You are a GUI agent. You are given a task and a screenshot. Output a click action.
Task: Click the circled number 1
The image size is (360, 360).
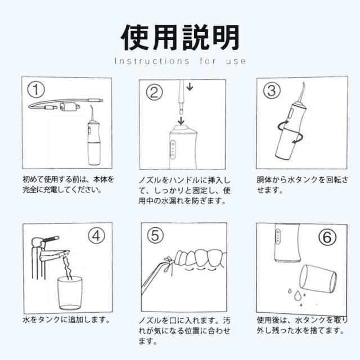pyautogui.click(x=36, y=89)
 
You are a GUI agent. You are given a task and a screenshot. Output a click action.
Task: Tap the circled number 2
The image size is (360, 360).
pyautogui.click(x=155, y=92)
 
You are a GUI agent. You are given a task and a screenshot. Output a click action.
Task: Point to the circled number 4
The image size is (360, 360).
pyautogui.click(x=97, y=236)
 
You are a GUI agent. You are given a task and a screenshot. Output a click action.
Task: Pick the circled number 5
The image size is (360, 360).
pyautogui.click(x=155, y=235)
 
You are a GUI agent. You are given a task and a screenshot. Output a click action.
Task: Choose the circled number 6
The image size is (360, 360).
pyautogui.click(x=327, y=237)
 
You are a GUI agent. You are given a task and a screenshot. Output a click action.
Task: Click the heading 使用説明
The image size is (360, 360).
pyautogui.click(x=180, y=38)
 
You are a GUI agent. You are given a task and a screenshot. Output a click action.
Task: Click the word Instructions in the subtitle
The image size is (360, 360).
pyautogui.click(x=152, y=61)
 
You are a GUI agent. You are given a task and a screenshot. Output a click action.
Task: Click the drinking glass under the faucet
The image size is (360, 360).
pyautogui.click(x=70, y=293)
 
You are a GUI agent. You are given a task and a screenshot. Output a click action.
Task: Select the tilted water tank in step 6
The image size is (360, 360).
pyautogui.click(x=318, y=278)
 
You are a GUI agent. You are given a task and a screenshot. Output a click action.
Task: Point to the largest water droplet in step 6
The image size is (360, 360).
pyautogui.click(x=298, y=296)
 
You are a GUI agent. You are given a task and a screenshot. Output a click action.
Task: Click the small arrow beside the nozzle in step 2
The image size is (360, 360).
pyautogui.click(x=190, y=87)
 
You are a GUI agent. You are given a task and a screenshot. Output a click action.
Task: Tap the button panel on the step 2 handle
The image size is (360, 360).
pyautogui.click(x=173, y=150)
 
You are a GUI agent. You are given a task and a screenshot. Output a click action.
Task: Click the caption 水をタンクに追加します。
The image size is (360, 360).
pyautogui.click(x=66, y=319)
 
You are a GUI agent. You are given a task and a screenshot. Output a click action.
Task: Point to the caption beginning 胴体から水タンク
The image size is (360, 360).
pyautogui.click(x=303, y=185)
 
